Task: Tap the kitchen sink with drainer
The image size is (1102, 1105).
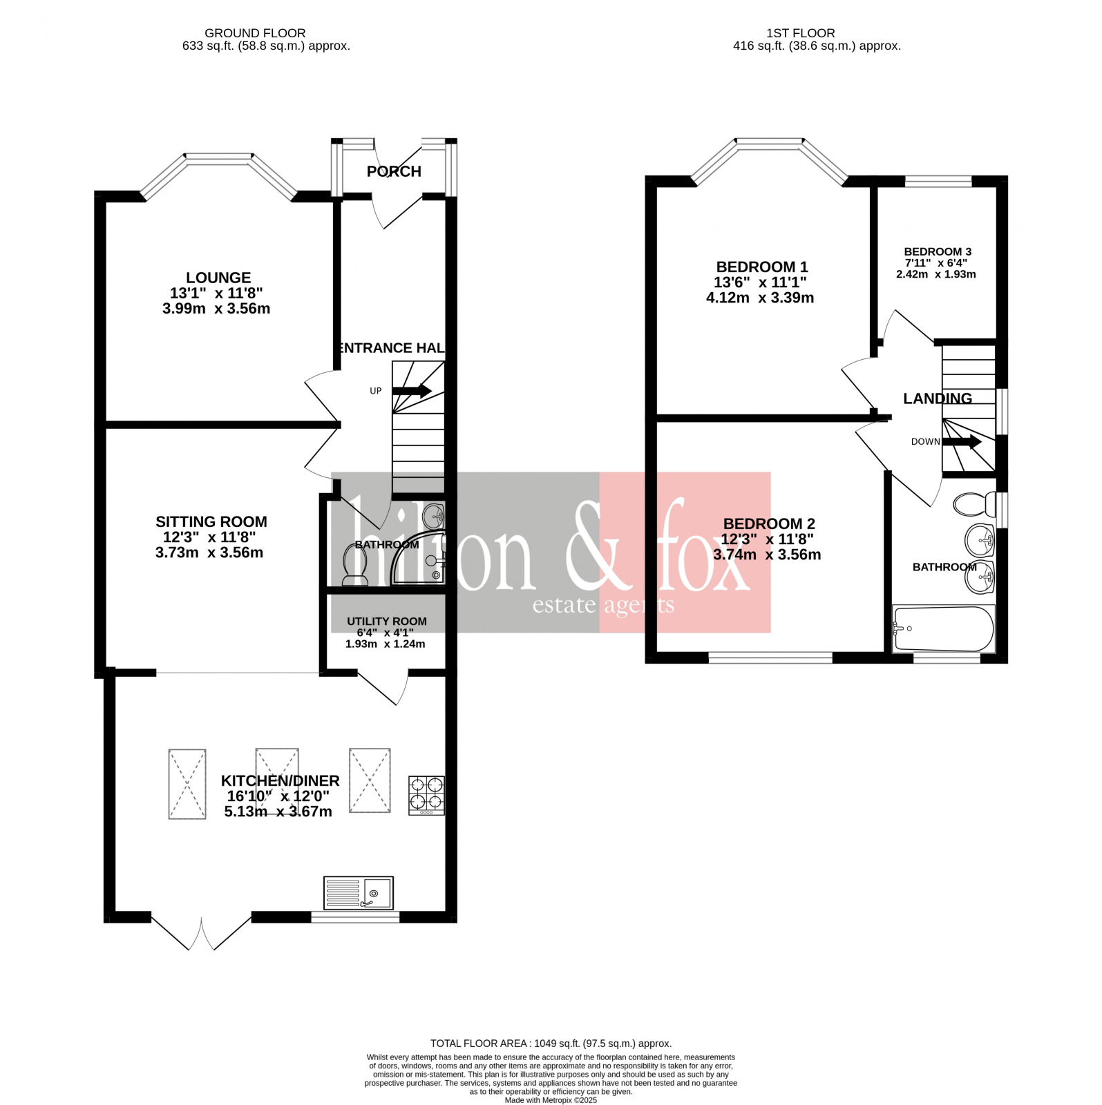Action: click(x=359, y=893)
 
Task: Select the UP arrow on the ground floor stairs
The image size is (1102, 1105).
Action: click(x=412, y=391)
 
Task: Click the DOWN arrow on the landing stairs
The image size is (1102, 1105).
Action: click(x=962, y=441)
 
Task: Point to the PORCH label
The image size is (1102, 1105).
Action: click(x=394, y=171)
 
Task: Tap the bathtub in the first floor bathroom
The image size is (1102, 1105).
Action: click(x=944, y=628)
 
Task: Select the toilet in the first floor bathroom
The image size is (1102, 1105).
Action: click(x=973, y=504)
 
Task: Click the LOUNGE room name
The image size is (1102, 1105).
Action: click(x=218, y=278)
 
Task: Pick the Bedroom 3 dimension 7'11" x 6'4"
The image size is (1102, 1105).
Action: click(x=936, y=263)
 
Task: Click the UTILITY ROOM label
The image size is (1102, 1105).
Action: click(x=387, y=622)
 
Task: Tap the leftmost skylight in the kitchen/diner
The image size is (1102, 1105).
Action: click(x=187, y=784)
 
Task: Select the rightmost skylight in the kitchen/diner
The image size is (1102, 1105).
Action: click(x=370, y=781)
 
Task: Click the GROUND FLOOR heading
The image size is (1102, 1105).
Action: click(x=255, y=33)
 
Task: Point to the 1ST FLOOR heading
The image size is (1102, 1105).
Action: click(x=800, y=33)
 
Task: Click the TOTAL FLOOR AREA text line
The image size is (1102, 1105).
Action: click(x=551, y=1044)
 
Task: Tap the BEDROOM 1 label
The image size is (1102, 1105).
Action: click(x=761, y=267)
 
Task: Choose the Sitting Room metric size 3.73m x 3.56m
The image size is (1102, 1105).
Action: click(x=209, y=552)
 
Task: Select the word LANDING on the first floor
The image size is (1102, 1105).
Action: click(x=938, y=398)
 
